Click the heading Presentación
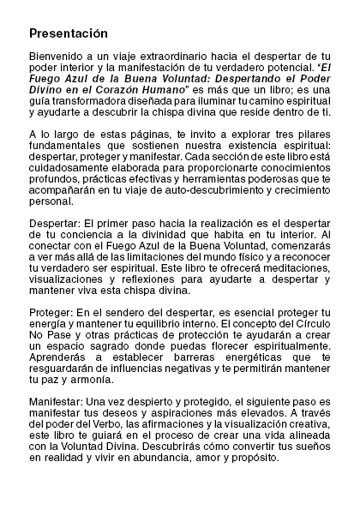[68, 33]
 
